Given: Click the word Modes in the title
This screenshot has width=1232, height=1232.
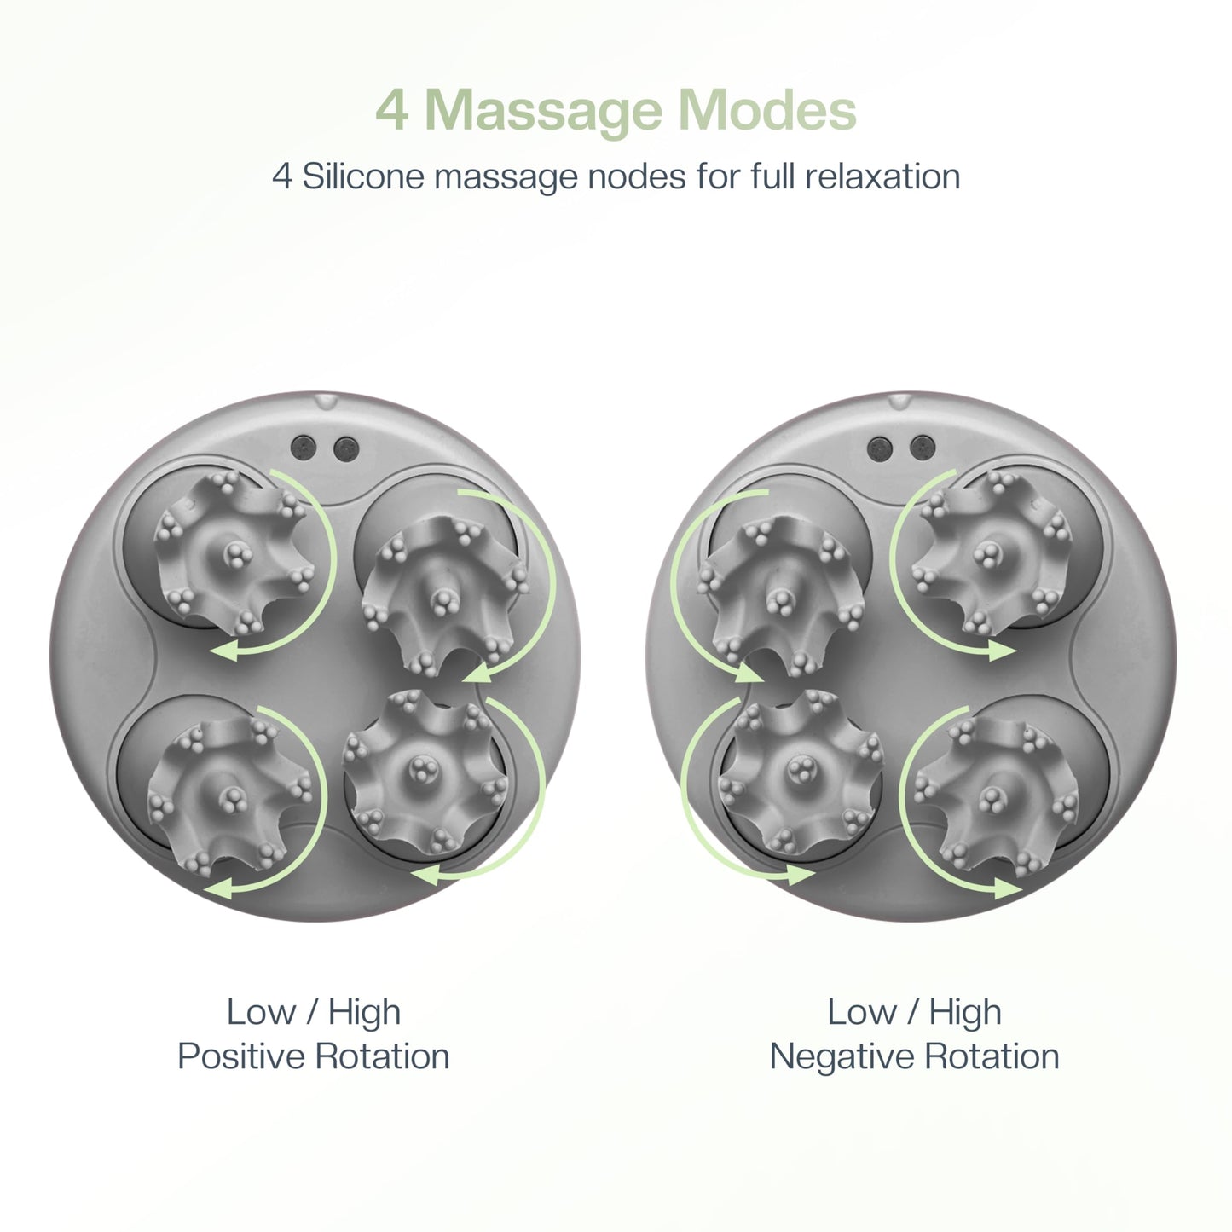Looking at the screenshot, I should click(x=767, y=111).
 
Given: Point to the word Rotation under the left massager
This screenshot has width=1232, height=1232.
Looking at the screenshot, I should click(x=382, y=1056).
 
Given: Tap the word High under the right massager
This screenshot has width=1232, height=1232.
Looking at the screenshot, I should click(x=965, y=1013).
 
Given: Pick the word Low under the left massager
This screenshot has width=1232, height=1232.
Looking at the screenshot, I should click(x=260, y=1013).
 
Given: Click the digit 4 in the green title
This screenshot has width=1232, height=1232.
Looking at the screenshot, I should click(x=392, y=112).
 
